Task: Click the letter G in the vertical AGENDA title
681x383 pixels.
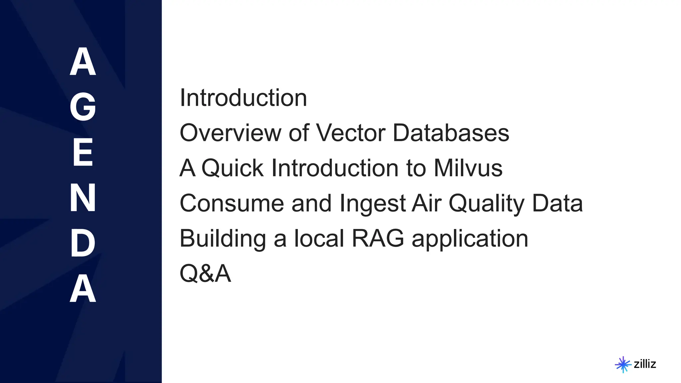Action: [x=83, y=107]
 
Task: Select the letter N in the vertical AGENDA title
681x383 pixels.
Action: [x=83, y=198]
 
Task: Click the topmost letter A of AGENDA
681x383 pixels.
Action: [x=83, y=62]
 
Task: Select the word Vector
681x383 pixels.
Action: [x=350, y=133]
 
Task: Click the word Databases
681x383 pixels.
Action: [x=451, y=133]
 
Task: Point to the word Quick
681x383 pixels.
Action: [x=232, y=168]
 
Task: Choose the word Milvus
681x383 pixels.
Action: [x=468, y=168]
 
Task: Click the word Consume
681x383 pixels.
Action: [x=231, y=203]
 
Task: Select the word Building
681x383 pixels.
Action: [x=222, y=239]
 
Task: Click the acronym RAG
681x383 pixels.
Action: [x=378, y=239]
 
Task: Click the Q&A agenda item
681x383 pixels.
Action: [x=205, y=274]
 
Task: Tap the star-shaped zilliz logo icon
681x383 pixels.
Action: [x=623, y=364]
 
